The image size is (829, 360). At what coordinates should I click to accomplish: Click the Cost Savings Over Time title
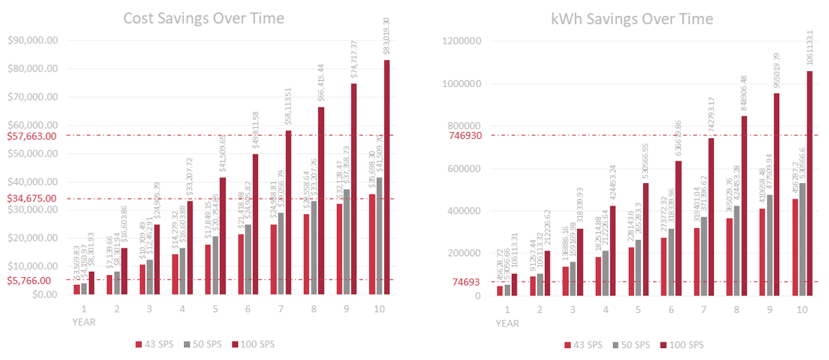(204, 18)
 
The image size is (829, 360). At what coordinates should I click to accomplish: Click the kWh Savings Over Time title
(632, 18)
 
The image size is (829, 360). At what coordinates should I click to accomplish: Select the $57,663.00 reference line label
(32, 136)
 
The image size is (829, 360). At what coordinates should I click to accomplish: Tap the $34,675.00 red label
(32, 199)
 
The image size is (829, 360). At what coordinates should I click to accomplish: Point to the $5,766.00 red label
(29, 280)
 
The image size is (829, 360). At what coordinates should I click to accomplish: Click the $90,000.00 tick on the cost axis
(32, 41)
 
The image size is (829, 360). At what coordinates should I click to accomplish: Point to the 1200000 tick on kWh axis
(461, 41)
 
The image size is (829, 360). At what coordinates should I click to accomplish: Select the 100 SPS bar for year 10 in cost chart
(387, 177)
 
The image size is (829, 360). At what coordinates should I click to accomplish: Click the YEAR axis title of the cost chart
(84, 323)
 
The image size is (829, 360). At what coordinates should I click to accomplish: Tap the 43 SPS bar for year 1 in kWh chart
(500, 291)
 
